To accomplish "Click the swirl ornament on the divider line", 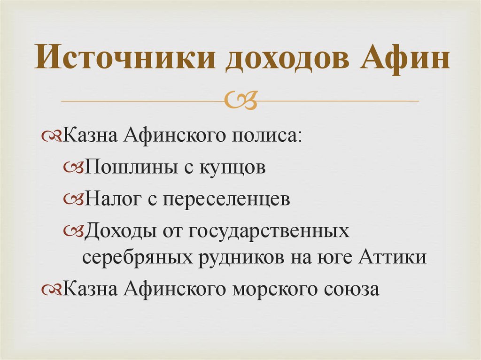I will (240, 100).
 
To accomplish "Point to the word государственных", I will (270, 230).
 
